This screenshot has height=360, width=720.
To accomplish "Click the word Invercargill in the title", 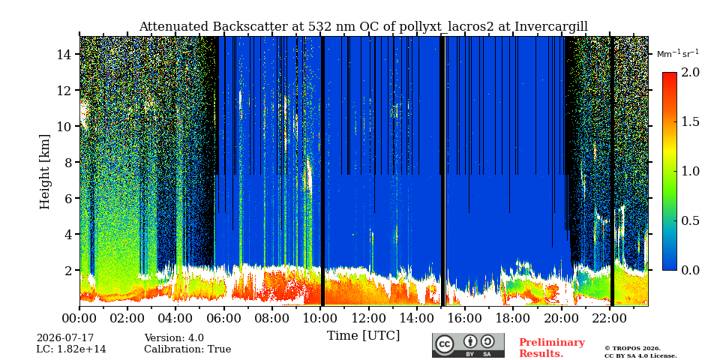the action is tap(551, 27).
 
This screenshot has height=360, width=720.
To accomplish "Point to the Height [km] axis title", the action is tap(44, 172).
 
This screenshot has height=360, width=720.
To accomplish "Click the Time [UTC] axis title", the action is tap(363, 336).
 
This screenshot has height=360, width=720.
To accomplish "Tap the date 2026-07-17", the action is tap(64, 338).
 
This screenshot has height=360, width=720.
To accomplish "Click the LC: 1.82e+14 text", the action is tap(71, 349).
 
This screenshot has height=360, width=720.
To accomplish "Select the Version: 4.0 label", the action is tap(174, 338).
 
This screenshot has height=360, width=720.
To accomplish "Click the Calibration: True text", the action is tap(187, 349).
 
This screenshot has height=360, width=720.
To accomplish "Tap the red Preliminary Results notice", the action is tap(552, 348).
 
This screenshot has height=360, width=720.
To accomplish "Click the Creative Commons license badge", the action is tap(468, 345).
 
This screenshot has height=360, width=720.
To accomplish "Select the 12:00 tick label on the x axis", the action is tap(368, 317).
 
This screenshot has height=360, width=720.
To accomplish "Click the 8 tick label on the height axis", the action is tap(68, 163).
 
